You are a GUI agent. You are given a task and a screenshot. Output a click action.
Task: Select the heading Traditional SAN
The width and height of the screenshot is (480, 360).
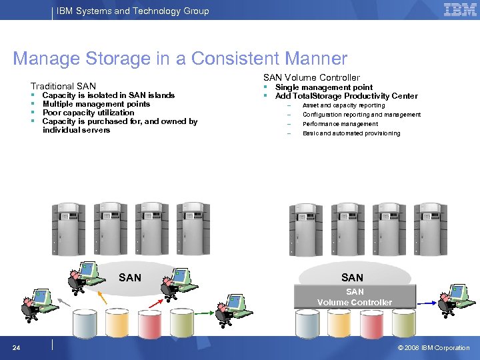[x=63, y=86]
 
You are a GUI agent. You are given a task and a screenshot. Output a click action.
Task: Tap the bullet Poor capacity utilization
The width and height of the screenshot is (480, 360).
[x=88, y=113]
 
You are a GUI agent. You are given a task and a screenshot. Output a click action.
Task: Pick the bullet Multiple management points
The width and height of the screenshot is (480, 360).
[x=96, y=104]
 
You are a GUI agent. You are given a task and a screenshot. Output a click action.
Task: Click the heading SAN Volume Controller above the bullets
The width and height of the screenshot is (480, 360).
[x=311, y=78]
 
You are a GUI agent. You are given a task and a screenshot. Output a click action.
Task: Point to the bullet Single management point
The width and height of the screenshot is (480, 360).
[x=324, y=87]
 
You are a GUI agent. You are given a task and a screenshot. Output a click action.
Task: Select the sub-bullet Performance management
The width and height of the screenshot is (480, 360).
[x=340, y=124]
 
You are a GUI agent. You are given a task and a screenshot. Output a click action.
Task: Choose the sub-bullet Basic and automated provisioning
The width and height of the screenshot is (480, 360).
[x=351, y=133]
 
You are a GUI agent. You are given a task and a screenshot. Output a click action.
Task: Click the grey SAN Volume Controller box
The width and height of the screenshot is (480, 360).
[x=355, y=297]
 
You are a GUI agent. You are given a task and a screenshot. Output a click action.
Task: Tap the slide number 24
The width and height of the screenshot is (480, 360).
[x=16, y=347]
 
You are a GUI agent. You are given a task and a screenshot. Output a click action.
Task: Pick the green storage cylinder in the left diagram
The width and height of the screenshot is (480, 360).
[x=181, y=323]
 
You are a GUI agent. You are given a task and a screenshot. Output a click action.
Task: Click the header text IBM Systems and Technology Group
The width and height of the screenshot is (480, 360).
[x=133, y=11]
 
